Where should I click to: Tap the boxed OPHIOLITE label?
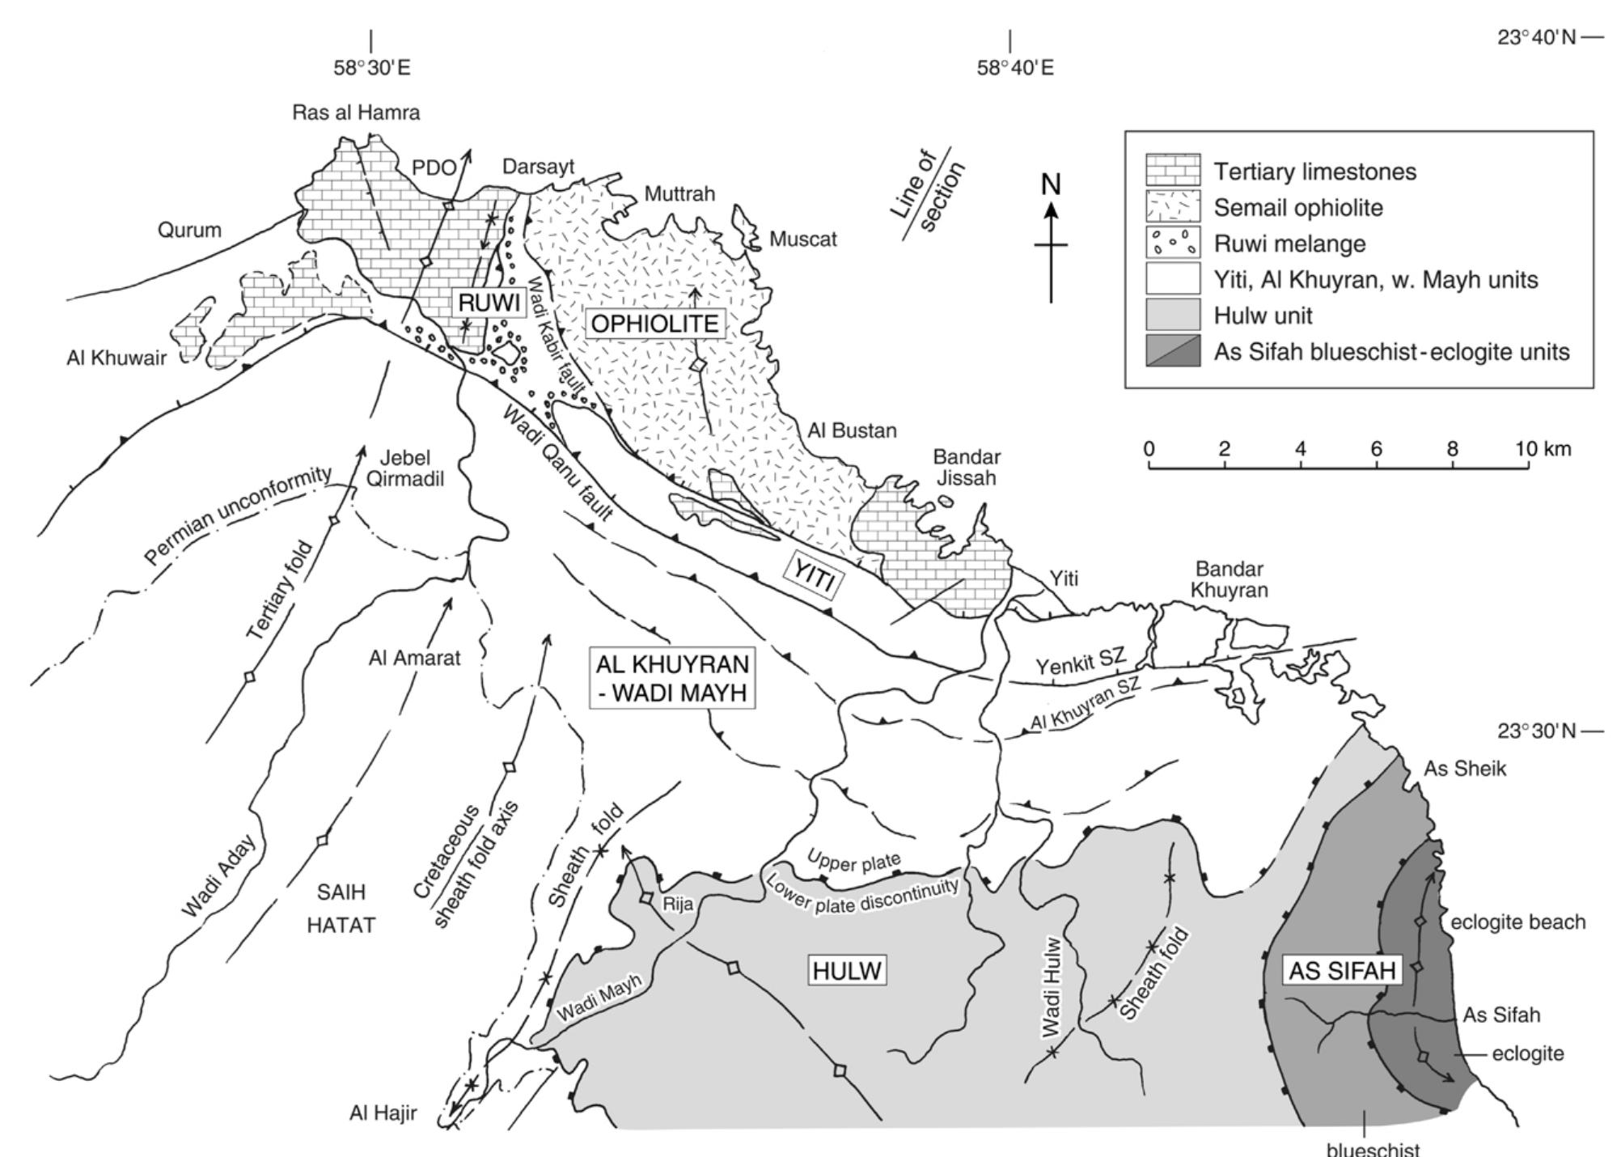pos(654,324)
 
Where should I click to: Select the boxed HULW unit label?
pos(847,970)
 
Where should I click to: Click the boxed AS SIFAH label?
pos(1342,971)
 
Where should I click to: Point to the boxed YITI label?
pos(812,578)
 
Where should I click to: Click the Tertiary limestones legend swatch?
pos(1172,171)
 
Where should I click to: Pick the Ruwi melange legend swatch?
pos(1172,243)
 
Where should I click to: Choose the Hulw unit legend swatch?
pos(1172,315)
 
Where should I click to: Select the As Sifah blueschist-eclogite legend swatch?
pos(1172,351)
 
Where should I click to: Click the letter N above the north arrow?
pos(1051,185)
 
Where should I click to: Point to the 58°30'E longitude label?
pos(372,68)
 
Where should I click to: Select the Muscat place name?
pos(802,239)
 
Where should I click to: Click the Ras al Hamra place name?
pos(356,112)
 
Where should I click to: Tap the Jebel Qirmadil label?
pos(406,468)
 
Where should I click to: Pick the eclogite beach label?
pos(1517,922)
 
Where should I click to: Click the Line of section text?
pos(929,193)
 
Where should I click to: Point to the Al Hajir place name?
pos(383,1113)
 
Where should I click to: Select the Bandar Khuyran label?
pos(1229,579)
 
